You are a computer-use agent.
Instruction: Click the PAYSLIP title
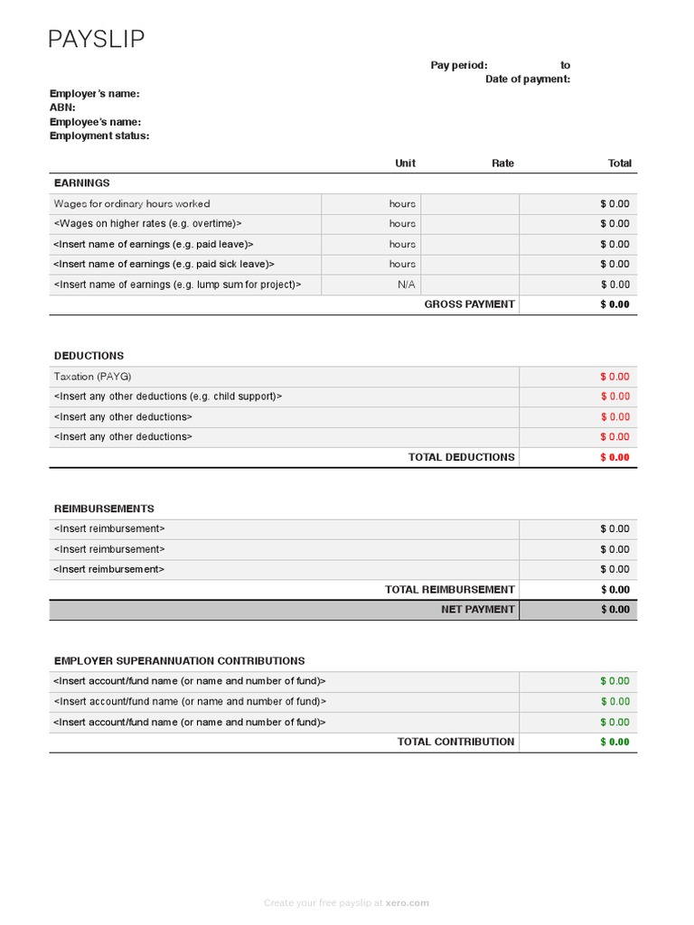96,39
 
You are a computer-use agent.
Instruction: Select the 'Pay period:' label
458,65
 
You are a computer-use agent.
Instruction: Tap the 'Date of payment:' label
527,79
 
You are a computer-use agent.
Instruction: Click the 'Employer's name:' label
94,94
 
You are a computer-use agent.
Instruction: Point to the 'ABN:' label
62,107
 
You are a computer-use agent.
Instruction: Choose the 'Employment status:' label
99,136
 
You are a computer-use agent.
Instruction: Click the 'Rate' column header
502,164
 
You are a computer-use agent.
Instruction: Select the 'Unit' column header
405,164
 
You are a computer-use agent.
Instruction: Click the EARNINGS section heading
81,183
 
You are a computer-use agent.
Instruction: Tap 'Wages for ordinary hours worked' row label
132,204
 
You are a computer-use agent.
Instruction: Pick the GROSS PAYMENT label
469,304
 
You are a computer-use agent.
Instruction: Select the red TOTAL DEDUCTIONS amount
614,457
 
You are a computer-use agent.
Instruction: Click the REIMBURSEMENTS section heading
104,509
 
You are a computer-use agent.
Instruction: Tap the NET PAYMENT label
477,610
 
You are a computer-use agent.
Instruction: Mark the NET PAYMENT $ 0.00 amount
614,610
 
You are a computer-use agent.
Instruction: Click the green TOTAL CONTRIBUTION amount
614,743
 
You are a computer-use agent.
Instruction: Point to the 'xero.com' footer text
412,902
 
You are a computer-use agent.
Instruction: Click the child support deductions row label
168,397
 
